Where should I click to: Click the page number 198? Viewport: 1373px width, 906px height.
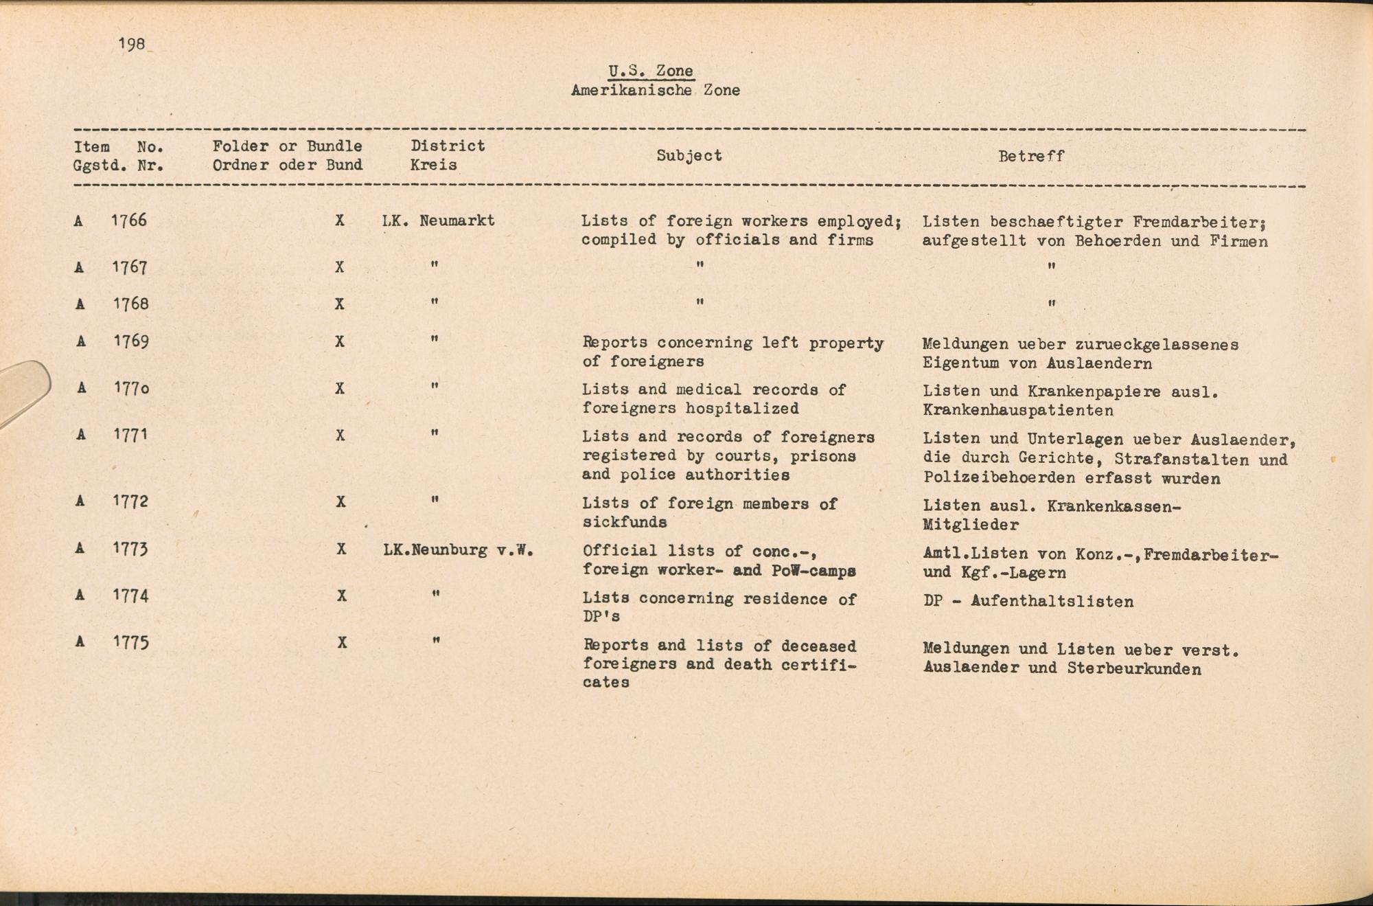click(x=131, y=44)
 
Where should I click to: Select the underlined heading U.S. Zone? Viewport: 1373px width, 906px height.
click(x=650, y=71)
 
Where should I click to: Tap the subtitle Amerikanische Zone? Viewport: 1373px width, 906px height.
click(x=655, y=90)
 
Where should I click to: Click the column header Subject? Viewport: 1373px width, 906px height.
click(x=689, y=155)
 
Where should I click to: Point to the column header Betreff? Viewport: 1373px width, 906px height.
click(x=1030, y=156)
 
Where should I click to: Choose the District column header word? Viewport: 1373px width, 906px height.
click(x=448, y=146)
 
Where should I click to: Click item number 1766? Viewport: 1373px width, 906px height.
click(x=130, y=220)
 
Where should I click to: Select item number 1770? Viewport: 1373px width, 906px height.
click(x=131, y=388)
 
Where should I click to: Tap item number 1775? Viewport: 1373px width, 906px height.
click(x=131, y=642)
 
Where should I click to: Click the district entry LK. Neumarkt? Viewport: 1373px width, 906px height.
click(x=438, y=220)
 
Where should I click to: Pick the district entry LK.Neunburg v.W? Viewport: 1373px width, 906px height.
click(x=458, y=550)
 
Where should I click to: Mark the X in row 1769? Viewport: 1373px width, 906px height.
click(x=339, y=341)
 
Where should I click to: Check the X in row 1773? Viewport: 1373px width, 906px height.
click(x=341, y=549)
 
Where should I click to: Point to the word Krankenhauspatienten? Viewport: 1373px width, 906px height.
click(x=1018, y=410)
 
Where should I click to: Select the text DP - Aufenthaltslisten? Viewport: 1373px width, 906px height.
click(x=1028, y=601)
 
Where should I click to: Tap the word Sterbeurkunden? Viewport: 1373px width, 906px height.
click(x=1134, y=668)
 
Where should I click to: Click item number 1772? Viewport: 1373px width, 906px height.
click(x=130, y=501)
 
